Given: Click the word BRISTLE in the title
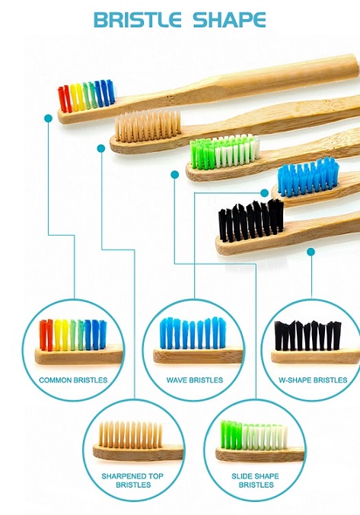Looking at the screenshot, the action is [x=138, y=20].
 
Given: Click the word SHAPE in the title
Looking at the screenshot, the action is [x=229, y=20].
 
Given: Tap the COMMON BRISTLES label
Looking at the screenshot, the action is [x=73, y=380].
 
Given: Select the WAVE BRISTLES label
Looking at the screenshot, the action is [x=194, y=380].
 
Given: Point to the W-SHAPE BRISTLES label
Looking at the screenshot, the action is [x=313, y=380].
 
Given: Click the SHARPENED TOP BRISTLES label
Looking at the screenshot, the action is [x=132, y=480].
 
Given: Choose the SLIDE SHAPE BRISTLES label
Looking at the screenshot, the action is [x=255, y=480].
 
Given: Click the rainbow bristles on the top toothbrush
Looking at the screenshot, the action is [x=87, y=95].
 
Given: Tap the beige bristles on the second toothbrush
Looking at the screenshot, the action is [x=148, y=126].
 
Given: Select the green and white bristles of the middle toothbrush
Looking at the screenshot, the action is [x=225, y=151].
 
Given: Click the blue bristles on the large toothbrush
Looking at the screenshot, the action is [x=308, y=177].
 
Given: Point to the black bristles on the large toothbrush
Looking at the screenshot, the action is [x=251, y=219].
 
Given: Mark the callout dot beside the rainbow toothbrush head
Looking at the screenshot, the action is [x=48, y=118].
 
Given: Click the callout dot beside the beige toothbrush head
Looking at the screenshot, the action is [x=101, y=148].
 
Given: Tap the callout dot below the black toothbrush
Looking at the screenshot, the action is [x=311, y=252].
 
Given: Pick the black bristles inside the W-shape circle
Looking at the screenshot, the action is [x=307, y=335].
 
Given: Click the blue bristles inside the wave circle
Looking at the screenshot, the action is [x=193, y=333].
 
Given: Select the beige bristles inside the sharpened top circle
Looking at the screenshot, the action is [x=130, y=434].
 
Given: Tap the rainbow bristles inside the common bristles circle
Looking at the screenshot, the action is [x=73, y=335].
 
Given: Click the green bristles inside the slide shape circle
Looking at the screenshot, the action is [x=231, y=435].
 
